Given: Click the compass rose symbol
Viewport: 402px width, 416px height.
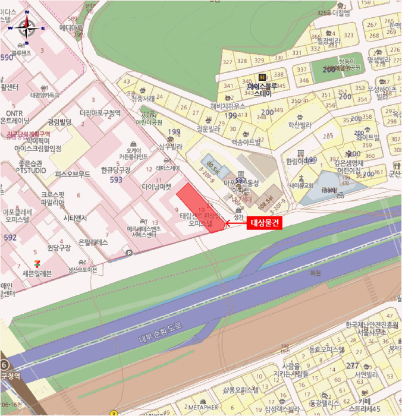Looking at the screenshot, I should [26, 27].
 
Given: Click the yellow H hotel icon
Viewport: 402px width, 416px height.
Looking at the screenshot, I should [262, 77].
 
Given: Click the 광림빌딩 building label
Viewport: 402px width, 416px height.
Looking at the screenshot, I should [59, 122].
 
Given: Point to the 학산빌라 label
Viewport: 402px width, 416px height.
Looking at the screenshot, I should [300, 125].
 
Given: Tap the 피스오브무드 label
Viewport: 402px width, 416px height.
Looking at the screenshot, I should [72, 175].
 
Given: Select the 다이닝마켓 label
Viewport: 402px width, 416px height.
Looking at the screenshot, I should [156, 186].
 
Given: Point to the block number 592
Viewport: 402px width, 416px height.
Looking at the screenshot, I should [10, 238].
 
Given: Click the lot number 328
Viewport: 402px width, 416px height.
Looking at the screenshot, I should [242, 61].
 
